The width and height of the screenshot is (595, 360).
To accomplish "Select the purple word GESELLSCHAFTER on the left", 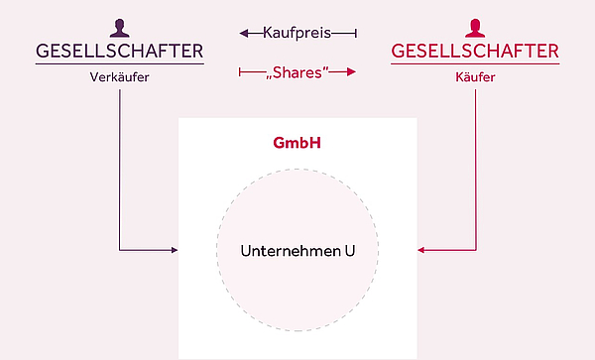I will coord(119,51).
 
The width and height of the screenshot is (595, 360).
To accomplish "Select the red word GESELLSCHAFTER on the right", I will coord(475,51).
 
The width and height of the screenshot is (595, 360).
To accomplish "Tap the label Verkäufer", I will coord(119,78).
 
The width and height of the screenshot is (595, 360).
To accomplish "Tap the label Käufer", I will coord(475,78).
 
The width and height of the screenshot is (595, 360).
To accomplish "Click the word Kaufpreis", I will coord(297,33).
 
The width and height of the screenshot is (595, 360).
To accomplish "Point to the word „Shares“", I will coord(297,71).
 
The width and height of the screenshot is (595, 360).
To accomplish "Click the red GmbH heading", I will coord(297,143).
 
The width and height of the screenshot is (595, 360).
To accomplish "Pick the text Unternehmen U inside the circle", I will coord(297,250).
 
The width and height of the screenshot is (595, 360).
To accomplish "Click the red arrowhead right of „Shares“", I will coord(351,71).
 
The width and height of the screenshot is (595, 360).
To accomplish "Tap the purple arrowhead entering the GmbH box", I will coord(174,250).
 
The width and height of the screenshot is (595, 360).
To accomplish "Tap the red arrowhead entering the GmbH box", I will coord(421,250).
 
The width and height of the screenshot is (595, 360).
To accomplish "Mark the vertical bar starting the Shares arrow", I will coord(239,71).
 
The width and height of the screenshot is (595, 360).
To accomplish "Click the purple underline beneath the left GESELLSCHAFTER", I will coord(119,64).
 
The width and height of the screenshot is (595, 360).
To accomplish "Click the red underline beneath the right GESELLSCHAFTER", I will coord(475,64).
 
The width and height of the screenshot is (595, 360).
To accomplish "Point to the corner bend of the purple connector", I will coord(120,250).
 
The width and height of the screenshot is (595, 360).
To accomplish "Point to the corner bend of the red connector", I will coord(476,250).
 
